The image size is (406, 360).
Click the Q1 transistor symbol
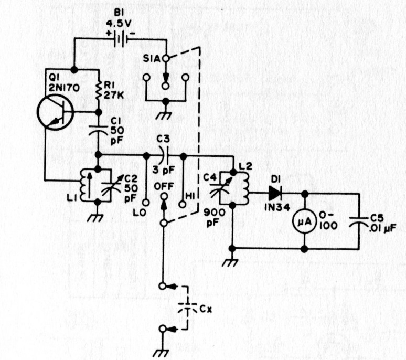click(x=56, y=112)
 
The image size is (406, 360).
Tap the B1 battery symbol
click(x=121, y=39)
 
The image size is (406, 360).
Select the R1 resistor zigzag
click(x=99, y=91)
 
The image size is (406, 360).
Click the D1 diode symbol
click(x=275, y=193)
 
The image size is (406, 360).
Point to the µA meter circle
click(x=305, y=222)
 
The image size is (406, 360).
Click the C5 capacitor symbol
click(x=359, y=221)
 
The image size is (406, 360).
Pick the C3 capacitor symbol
click(x=164, y=156)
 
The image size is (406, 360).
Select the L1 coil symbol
click(x=83, y=185)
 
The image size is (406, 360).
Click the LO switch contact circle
click(x=146, y=203)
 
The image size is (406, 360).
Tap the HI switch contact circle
click(x=183, y=204)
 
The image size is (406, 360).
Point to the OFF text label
click(x=164, y=186)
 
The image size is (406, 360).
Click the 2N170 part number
click(x=64, y=88)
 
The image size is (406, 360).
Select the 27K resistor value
click(x=114, y=96)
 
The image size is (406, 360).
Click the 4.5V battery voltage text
click(x=119, y=24)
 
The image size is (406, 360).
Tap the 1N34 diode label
click(x=277, y=207)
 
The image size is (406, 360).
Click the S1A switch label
click(x=152, y=59)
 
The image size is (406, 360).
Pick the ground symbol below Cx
click(x=163, y=353)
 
